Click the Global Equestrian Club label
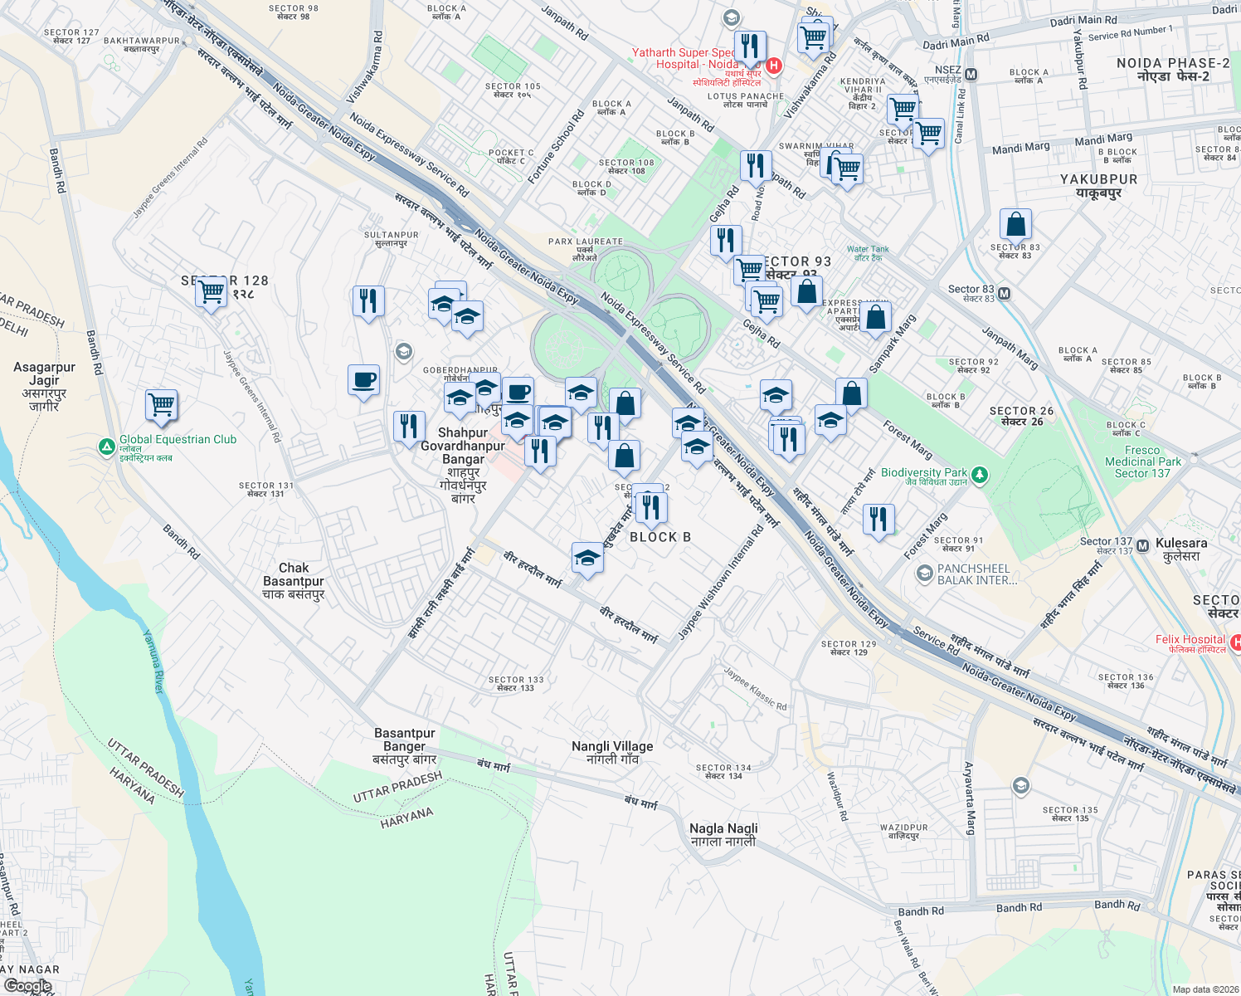[x=178, y=440]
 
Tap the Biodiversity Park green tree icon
[x=980, y=474]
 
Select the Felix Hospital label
[x=1190, y=639]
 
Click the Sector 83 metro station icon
[x=1005, y=294]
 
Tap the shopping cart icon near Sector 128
[x=212, y=291]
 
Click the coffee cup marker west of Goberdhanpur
[x=363, y=380]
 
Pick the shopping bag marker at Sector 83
[x=1015, y=224]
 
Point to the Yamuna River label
[x=154, y=662]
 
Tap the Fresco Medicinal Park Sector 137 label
[x=1142, y=461]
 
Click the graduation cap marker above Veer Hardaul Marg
[x=587, y=558]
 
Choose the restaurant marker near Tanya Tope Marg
[x=878, y=520]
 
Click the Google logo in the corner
[x=27, y=986]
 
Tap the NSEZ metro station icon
[x=971, y=75]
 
